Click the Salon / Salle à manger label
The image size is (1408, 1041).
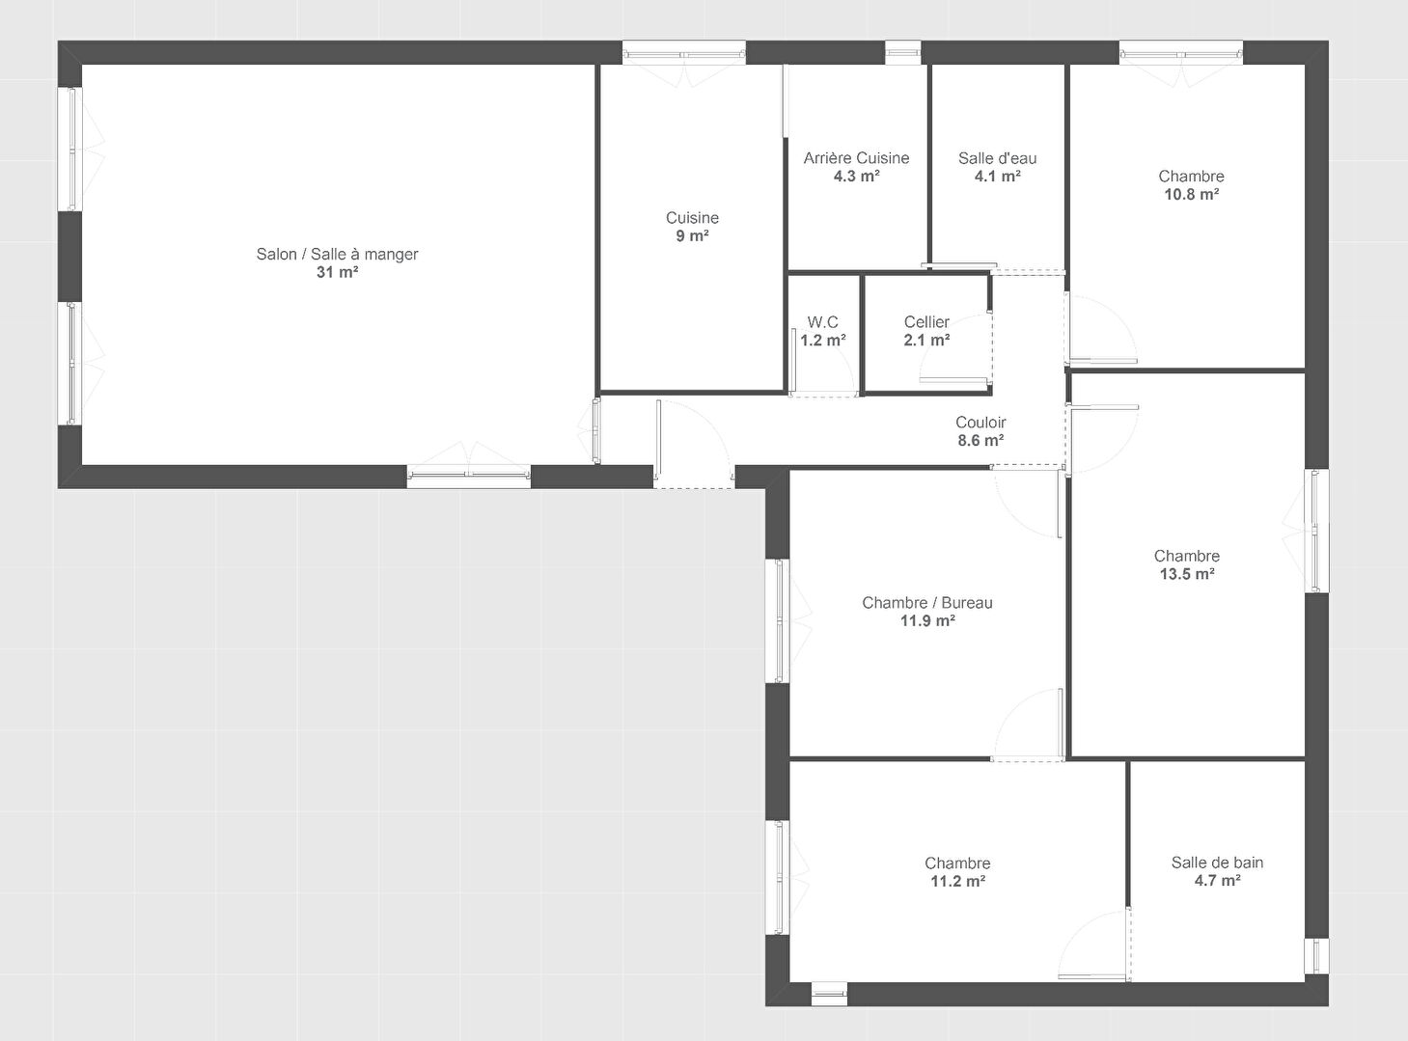[337, 254]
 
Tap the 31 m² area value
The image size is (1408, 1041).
[337, 272]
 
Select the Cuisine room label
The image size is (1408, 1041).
[692, 218]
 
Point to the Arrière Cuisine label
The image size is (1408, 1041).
[856, 158]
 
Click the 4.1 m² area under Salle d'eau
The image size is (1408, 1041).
[997, 177]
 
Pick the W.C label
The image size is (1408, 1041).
[823, 322]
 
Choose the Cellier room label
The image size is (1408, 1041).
[926, 322]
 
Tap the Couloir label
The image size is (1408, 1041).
[980, 423]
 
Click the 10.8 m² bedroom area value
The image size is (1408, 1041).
[1192, 194]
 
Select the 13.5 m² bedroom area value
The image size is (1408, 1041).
[1187, 574]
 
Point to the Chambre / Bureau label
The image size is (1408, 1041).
[927, 602]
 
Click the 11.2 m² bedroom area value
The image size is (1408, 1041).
[958, 882]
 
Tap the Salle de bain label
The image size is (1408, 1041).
[1218, 862]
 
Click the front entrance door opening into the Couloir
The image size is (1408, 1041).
[694, 445]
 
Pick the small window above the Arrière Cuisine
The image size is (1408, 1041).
[902, 53]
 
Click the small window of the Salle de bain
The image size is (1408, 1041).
[1316, 956]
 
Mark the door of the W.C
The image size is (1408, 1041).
[823, 363]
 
